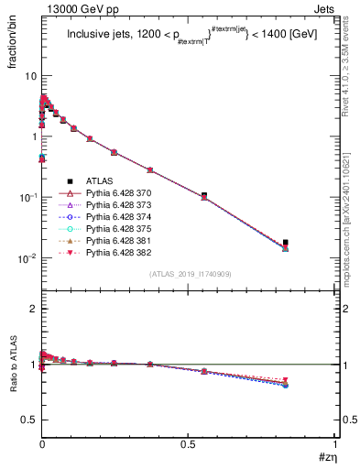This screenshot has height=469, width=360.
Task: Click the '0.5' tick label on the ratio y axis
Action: click(x=27, y=420)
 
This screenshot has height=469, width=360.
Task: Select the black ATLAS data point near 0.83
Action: click(x=286, y=243)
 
